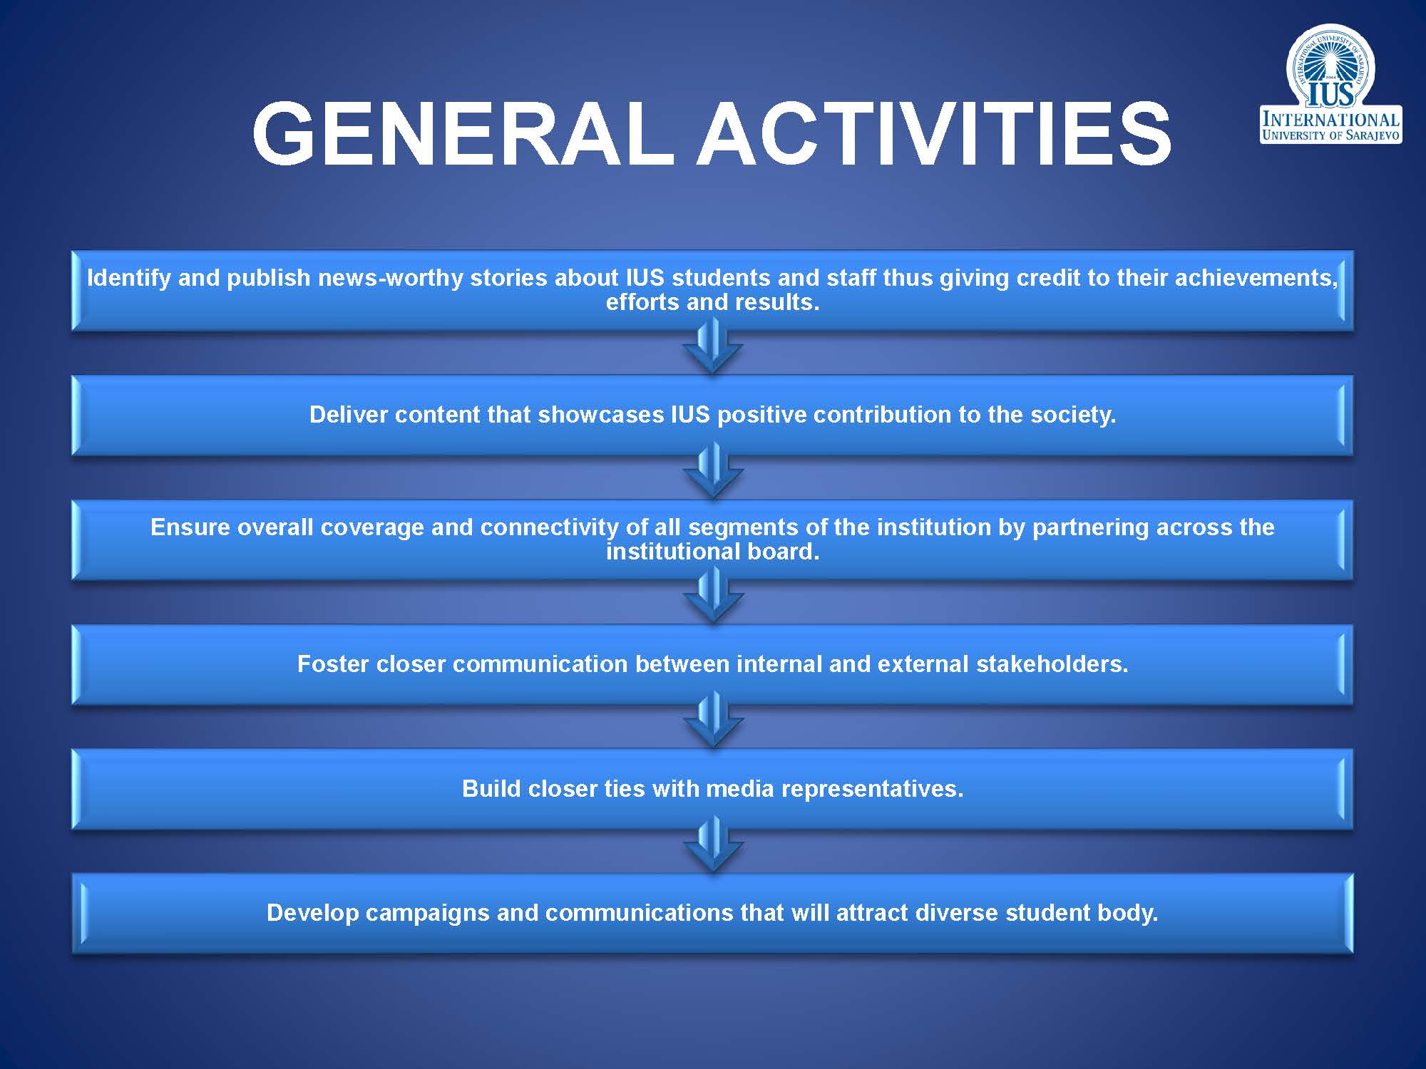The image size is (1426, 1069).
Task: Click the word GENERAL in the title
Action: click(x=463, y=134)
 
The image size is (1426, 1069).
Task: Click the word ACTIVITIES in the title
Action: click(x=934, y=134)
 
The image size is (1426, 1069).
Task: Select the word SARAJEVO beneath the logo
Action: click(x=1373, y=135)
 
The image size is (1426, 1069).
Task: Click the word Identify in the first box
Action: click(x=128, y=278)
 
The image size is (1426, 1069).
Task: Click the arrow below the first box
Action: click(x=712, y=346)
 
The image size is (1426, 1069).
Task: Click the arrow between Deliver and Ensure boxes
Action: click(x=712, y=471)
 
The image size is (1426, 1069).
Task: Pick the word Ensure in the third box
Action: click(x=190, y=527)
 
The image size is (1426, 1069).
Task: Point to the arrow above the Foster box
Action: click(x=712, y=596)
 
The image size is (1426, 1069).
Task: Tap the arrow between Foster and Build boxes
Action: click(x=712, y=720)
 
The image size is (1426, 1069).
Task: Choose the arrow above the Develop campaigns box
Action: click(x=712, y=845)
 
